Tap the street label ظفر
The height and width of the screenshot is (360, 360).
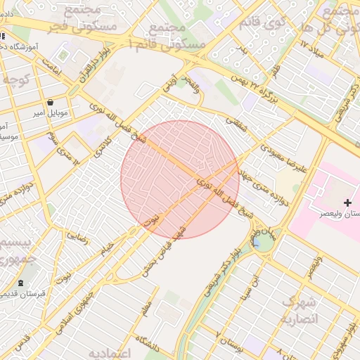(x=276, y=70)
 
